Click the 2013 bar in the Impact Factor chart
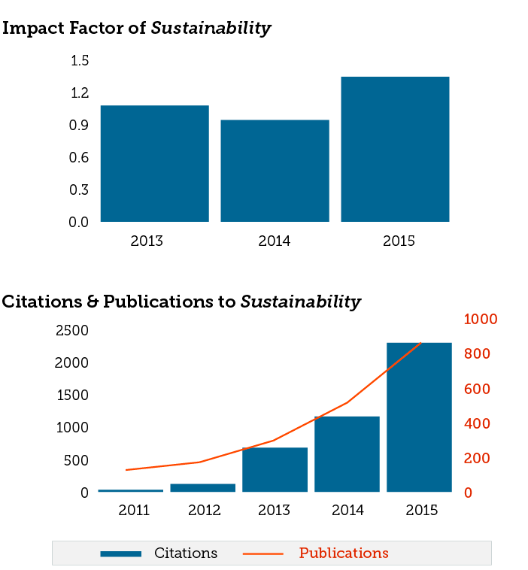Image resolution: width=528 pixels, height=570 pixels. [154, 163]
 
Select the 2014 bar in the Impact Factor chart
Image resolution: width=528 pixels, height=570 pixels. [275, 171]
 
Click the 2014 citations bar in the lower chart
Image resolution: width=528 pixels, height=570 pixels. [347, 454]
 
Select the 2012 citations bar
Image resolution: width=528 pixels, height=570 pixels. [202, 487]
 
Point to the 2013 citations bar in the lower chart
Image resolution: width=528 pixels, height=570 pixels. [275, 469]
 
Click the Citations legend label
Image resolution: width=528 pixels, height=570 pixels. [186, 553]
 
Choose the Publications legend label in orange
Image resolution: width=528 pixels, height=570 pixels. [344, 553]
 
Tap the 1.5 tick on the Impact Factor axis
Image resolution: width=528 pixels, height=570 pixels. [80, 61]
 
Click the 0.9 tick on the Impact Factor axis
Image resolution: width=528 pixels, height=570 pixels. [80, 126]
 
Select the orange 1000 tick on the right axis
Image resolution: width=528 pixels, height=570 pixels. [481, 320]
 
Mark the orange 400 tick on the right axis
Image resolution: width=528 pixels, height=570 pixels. [476, 423]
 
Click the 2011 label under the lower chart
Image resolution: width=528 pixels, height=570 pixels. [134, 511]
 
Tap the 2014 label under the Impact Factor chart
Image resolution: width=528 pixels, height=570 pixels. [275, 241]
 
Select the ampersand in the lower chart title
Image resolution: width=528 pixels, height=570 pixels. [91, 302]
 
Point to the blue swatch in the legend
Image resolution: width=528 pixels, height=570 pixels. [120, 554]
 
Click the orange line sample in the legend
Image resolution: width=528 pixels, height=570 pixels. [263, 554]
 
